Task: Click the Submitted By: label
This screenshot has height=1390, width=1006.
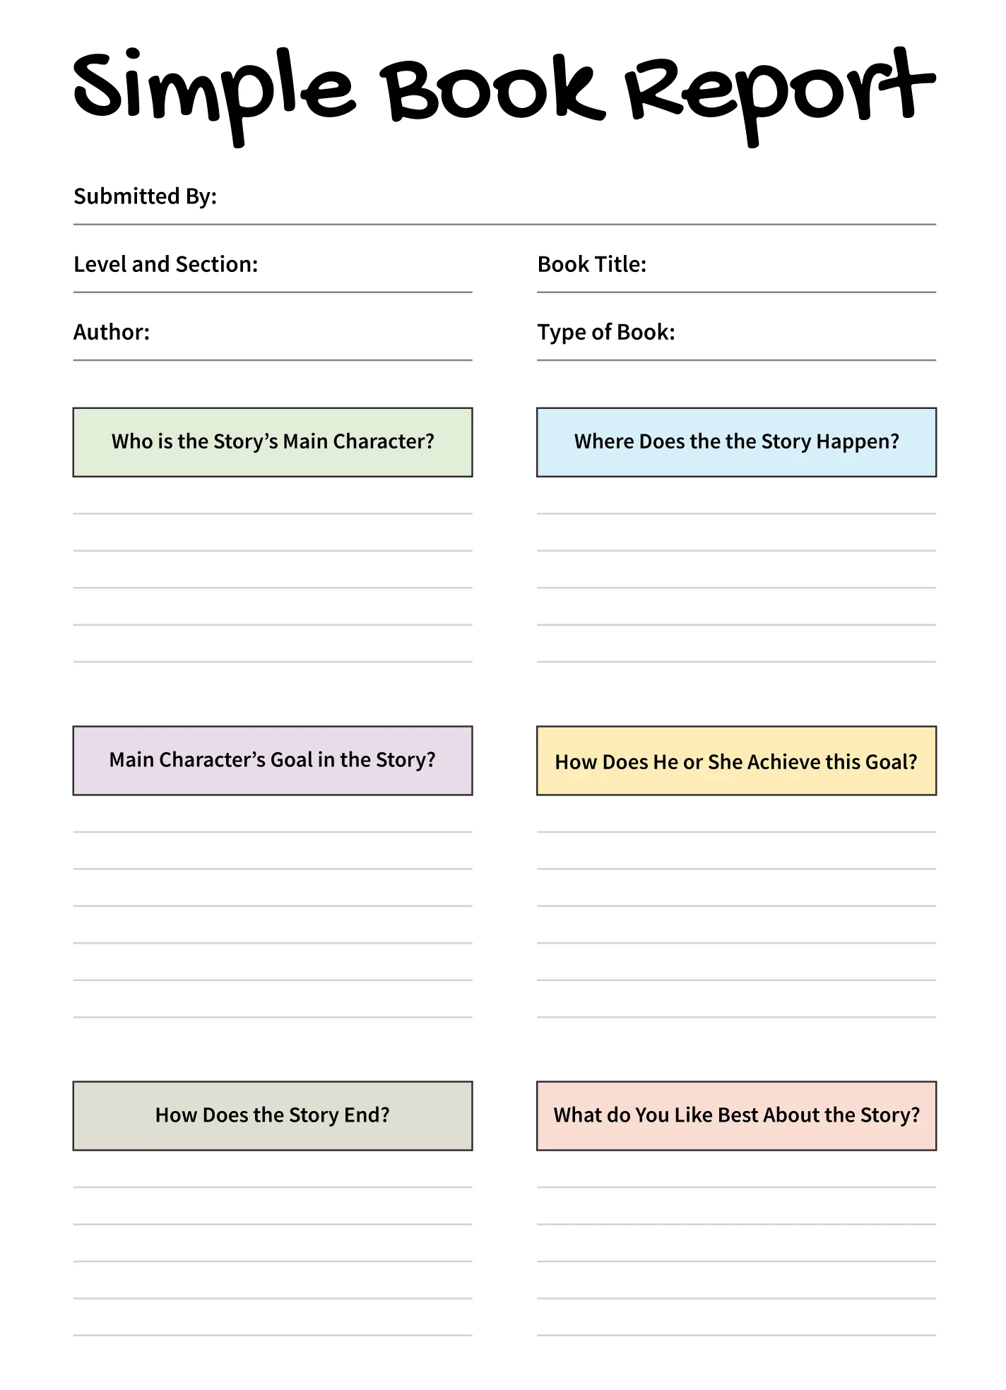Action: [x=145, y=196]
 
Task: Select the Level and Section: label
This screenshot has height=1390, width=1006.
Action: [x=166, y=264]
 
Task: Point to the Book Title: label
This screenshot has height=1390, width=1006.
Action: [x=592, y=264]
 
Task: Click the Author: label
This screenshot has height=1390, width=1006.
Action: [x=112, y=332]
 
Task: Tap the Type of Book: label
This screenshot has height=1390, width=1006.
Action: [x=606, y=332]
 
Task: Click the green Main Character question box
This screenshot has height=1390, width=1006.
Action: [x=273, y=442]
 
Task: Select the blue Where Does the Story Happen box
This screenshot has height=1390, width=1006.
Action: [x=736, y=442]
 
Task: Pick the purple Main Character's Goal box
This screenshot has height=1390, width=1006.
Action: [x=273, y=761]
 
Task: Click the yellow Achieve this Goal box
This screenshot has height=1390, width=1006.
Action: [x=736, y=761]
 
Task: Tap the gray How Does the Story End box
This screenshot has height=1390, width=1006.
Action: [x=273, y=1116]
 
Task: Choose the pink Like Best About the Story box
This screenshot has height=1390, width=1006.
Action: [x=736, y=1116]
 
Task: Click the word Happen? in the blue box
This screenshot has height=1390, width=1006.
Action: [x=858, y=442]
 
